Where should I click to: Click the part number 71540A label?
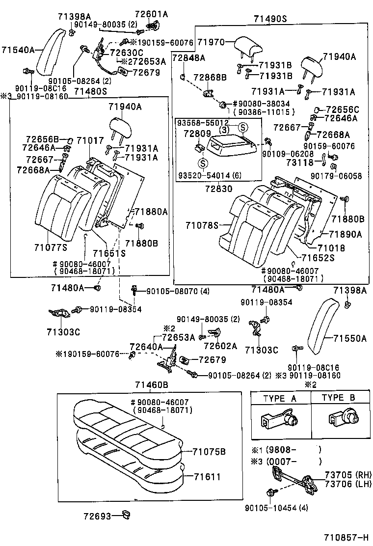pyautogui.click(x=18, y=50)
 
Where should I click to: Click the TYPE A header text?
pyautogui.click(x=280, y=398)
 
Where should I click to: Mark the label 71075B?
pyautogui.click(x=209, y=451)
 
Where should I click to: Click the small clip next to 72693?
pyautogui.click(x=127, y=515)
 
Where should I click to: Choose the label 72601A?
pyautogui.click(x=151, y=14)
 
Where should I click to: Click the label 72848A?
pyautogui.click(x=189, y=58)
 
